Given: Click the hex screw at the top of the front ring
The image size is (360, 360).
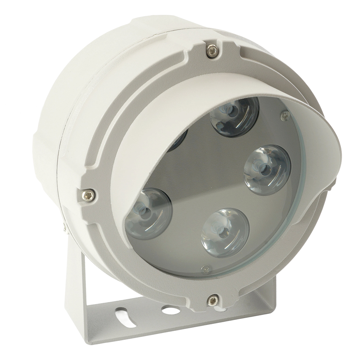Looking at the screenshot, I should pyautogui.click(x=212, y=51).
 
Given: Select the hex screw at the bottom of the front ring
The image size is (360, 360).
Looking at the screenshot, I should pyautogui.click(x=213, y=300).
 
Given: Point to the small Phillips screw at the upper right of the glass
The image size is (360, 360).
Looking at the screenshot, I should pyautogui.click(x=285, y=116).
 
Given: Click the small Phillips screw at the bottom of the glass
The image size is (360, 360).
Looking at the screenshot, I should pyautogui.click(x=206, y=269).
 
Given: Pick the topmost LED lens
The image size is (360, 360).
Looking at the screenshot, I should pyautogui.click(x=234, y=116).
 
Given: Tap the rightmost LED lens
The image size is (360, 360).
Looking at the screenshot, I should pyautogui.click(x=267, y=170).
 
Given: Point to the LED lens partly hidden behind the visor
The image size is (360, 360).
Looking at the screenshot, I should pyautogui.click(x=179, y=140).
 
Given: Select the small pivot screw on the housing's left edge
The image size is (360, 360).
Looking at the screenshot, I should pyautogui.click(x=64, y=226).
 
